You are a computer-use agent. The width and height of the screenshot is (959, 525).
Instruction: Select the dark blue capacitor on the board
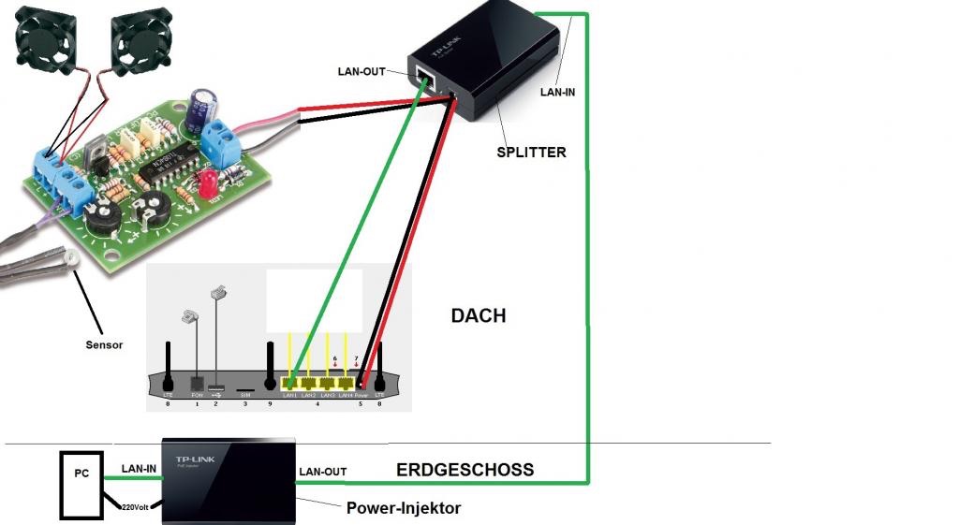199,109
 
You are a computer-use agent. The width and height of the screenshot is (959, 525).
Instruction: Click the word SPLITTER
531,152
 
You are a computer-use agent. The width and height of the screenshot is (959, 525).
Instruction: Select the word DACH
478,316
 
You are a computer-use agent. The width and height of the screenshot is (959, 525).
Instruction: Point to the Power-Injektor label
404,508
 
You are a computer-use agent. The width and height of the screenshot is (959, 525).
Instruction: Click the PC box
81,474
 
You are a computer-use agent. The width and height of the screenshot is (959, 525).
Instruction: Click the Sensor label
104,344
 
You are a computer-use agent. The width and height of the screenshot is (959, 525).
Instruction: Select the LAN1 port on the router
291,383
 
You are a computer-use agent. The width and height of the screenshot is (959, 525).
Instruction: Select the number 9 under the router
271,403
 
